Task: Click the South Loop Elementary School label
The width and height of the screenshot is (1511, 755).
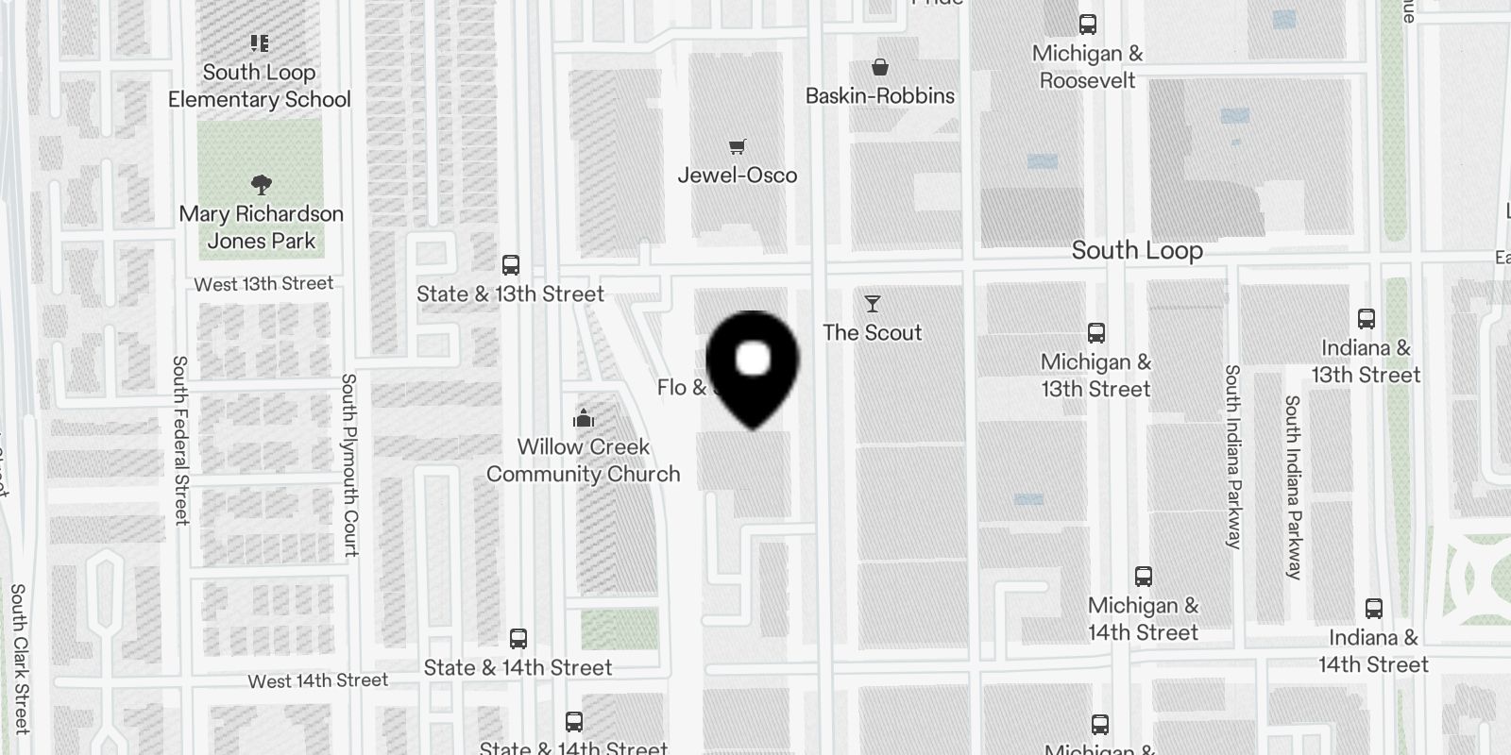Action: [x=259, y=86]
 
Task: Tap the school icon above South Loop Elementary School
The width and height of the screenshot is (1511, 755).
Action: [x=260, y=43]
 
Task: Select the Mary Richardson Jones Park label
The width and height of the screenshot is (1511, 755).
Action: [x=262, y=227]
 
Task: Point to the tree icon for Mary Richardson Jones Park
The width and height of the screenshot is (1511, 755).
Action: [x=262, y=184]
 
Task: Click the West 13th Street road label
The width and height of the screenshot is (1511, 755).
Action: [x=263, y=284]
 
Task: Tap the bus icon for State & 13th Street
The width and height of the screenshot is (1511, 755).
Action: [x=511, y=265]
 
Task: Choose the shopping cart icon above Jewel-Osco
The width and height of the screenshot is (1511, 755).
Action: [x=738, y=146]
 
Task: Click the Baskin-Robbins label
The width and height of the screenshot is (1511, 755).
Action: [x=880, y=96]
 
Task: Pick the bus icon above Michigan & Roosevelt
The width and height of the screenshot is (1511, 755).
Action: [x=1088, y=25]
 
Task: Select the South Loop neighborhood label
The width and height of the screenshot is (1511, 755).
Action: [x=1137, y=251]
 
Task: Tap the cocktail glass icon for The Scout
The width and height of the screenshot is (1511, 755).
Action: [x=873, y=304]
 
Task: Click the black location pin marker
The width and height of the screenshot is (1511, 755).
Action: [x=753, y=363]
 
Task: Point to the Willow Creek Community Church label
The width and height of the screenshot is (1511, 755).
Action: [x=584, y=461]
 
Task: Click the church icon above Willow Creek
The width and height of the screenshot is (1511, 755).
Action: [x=584, y=418]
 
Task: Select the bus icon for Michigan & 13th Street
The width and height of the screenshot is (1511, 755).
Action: [x=1096, y=333]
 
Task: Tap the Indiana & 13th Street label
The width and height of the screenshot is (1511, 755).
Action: [x=1366, y=361]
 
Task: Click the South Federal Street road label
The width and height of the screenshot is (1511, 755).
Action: [x=180, y=440]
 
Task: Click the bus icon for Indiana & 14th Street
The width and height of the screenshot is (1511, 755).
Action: [x=1374, y=609]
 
